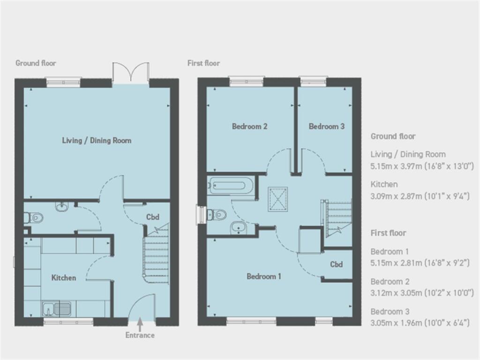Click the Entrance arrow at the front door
(x=140, y=323)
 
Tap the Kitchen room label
(x=64, y=277)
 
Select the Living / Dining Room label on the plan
(x=97, y=141)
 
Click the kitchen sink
(x=57, y=308)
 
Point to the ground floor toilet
(x=33, y=218)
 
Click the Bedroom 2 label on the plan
(x=250, y=126)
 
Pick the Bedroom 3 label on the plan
(x=327, y=126)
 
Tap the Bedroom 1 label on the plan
(x=264, y=277)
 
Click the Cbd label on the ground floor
(x=153, y=217)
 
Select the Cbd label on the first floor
(x=337, y=264)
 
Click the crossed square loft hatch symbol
(x=278, y=199)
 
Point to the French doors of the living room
(x=131, y=74)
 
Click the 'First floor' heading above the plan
(x=203, y=63)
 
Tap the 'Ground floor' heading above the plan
(x=36, y=63)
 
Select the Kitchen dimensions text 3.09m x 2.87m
(x=420, y=196)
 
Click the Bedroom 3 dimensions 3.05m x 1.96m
(x=420, y=323)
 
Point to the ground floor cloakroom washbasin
(x=62, y=207)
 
